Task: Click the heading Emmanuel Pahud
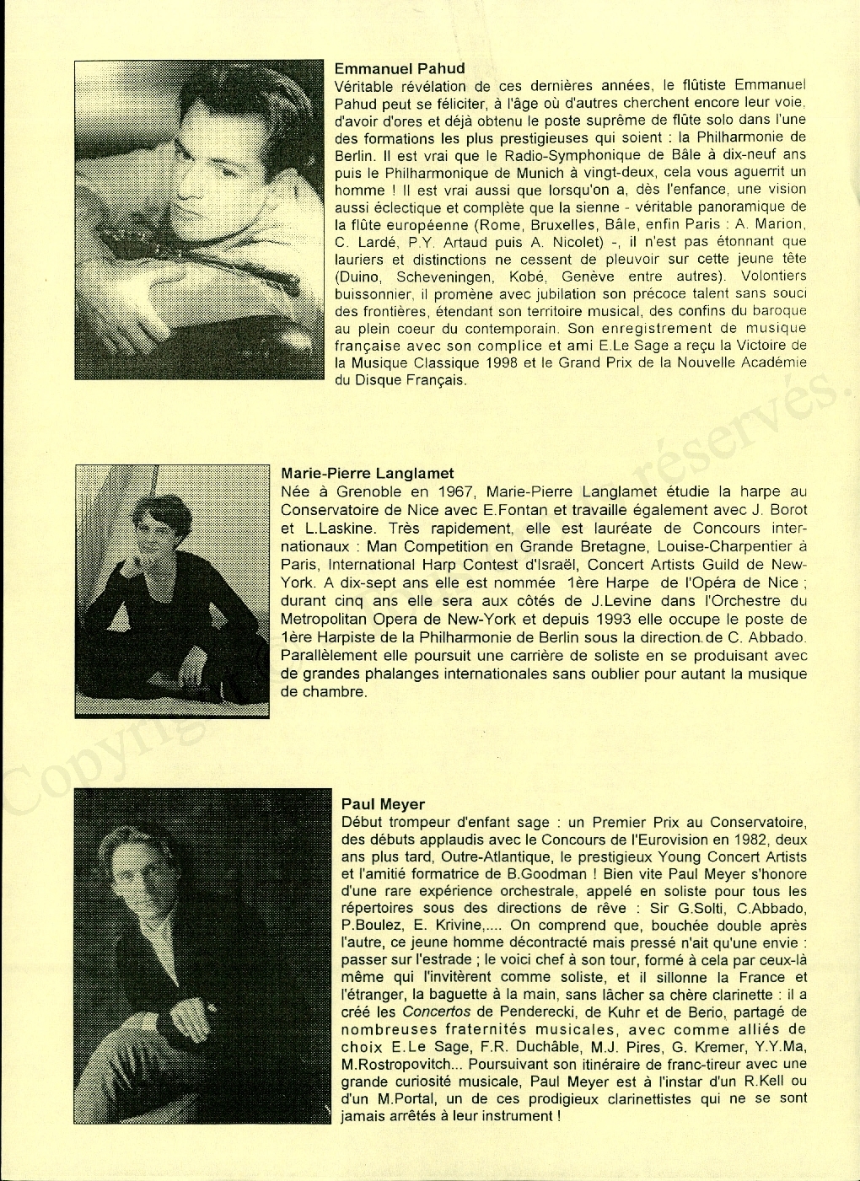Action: tap(400, 68)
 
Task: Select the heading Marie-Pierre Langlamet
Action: tap(367, 474)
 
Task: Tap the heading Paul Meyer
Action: tap(383, 804)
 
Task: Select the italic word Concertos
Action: tap(436, 1012)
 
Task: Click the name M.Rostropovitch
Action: tap(395, 1064)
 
